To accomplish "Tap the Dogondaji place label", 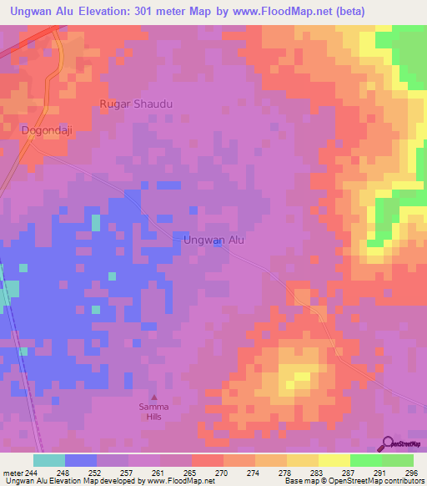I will pyautogui.click(x=46, y=130).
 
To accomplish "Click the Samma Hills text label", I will pyautogui.click(x=153, y=412).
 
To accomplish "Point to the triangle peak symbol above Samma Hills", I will pyautogui.click(x=153, y=397).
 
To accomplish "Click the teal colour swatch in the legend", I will pyautogui.click(x=48, y=461).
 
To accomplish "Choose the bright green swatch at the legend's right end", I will pyautogui.click(x=398, y=461).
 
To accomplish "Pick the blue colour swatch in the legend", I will pyautogui.click(x=80, y=461).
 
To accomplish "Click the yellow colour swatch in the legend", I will pyautogui.click(x=334, y=461).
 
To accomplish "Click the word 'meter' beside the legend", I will pyautogui.click(x=11, y=473).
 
